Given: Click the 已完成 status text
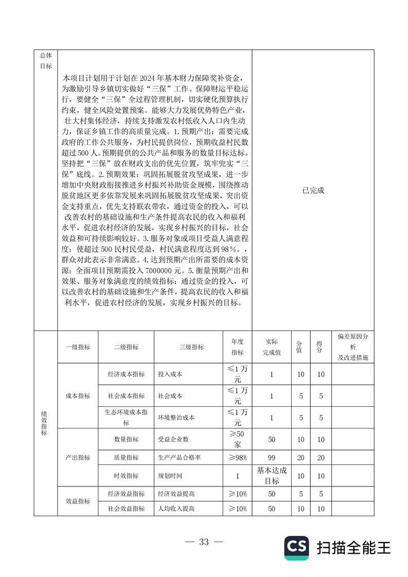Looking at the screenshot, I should (314, 190).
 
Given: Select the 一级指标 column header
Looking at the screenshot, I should (78, 347).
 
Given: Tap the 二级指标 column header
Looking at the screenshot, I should (126, 347).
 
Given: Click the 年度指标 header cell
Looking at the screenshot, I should (237, 347).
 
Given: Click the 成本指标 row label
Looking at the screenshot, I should (78, 396).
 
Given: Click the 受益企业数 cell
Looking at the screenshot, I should (173, 439).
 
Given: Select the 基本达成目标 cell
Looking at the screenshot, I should (272, 476).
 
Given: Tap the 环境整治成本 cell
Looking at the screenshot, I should (176, 418).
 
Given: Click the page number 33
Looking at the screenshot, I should (204, 542).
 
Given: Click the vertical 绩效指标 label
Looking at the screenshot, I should (44, 423).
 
